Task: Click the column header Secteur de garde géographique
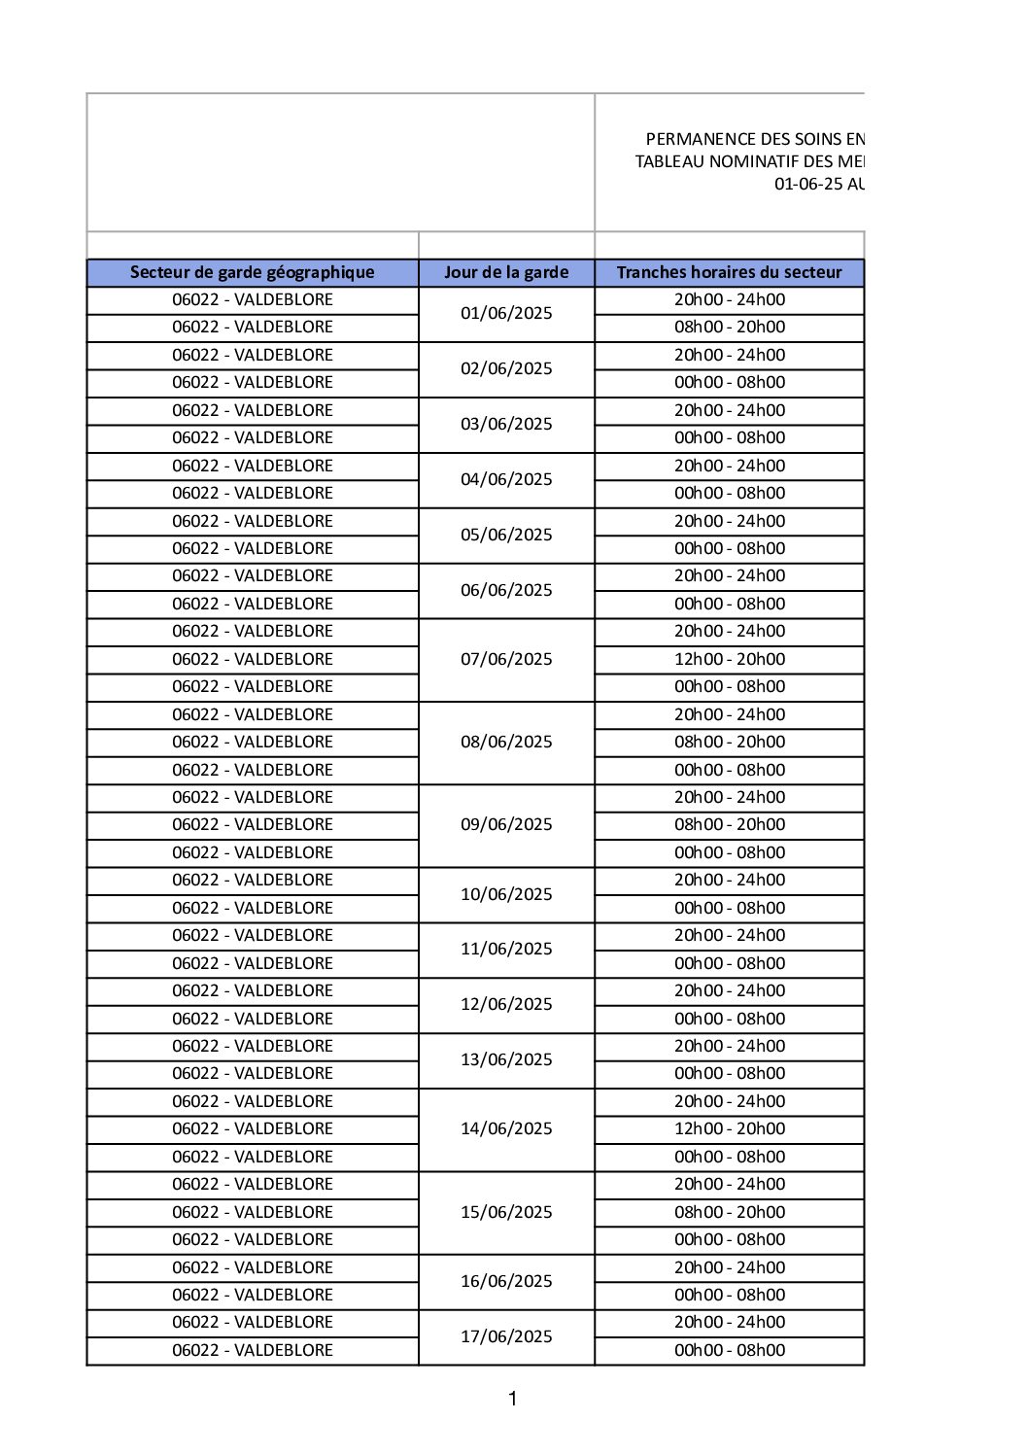(x=252, y=272)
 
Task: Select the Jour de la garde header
(x=506, y=272)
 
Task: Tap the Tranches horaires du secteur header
(x=729, y=272)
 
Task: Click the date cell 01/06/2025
(x=506, y=313)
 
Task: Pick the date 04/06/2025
(x=506, y=479)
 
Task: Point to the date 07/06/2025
(x=506, y=659)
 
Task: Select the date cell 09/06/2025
(x=506, y=824)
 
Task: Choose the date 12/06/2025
(x=506, y=1004)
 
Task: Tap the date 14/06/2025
(x=506, y=1128)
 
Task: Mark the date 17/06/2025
(x=506, y=1336)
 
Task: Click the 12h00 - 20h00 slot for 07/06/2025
(x=730, y=659)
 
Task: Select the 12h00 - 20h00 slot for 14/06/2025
(x=730, y=1128)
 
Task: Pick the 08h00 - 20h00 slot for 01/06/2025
(x=730, y=327)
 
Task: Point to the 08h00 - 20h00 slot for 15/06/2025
(x=730, y=1212)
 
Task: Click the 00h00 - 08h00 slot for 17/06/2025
(x=730, y=1350)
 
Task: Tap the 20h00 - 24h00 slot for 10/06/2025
(x=730, y=880)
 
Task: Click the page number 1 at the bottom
(x=513, y=1399)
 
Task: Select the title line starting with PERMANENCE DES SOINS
(x=755, y=139)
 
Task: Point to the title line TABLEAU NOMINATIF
(x=749, y=161)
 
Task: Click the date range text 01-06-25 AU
(x=819, y=184)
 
